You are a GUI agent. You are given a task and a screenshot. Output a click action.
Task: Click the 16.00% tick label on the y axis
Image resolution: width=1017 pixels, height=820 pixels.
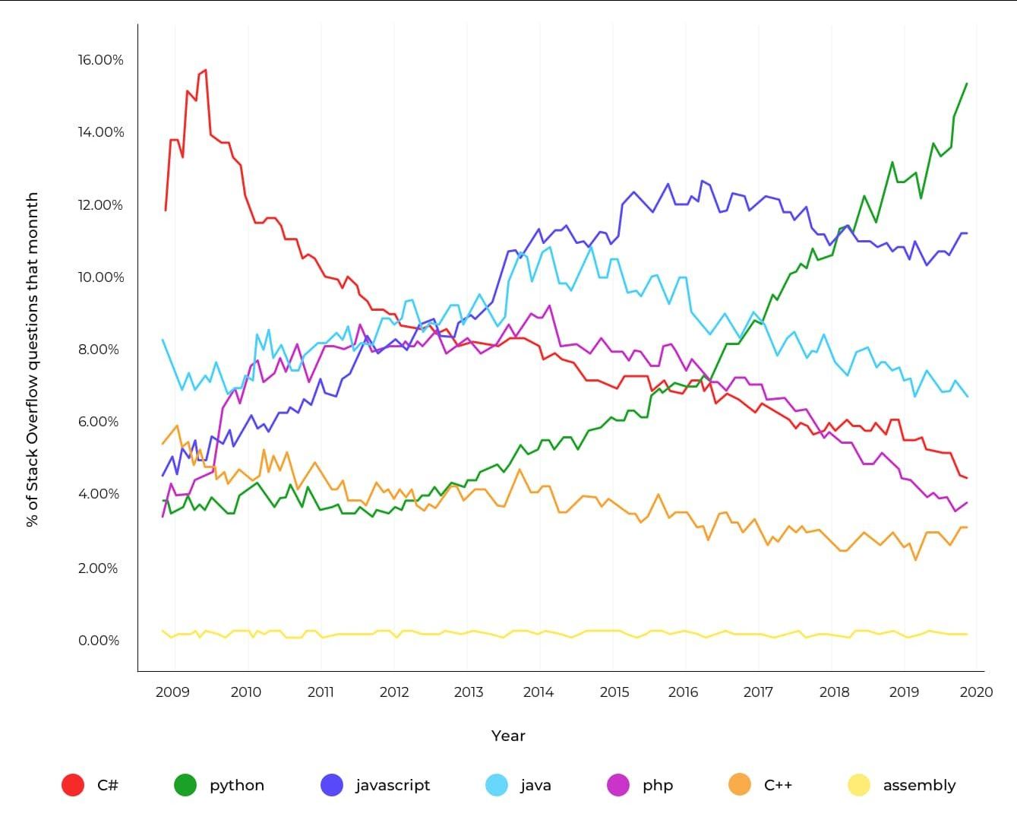pos(100,60)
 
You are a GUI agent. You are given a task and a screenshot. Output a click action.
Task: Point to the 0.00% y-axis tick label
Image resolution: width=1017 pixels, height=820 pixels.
pos(99,641)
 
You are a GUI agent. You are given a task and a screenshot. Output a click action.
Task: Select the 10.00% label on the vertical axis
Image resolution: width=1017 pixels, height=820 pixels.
pos(100,277)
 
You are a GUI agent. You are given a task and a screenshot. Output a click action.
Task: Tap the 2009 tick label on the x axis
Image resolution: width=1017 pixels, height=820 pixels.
pos(173,692)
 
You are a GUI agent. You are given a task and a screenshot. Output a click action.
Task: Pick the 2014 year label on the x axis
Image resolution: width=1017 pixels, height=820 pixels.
pos(539,692)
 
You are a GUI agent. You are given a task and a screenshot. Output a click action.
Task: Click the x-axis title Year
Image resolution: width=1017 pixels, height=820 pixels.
pos(508,736)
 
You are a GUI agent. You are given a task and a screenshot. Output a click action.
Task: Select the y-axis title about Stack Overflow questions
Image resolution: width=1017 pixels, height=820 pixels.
pos(32,359)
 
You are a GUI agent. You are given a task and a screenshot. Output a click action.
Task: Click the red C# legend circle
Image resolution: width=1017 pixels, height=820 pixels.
pos(73,785)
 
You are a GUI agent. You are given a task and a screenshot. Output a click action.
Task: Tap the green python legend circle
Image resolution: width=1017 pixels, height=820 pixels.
pos(185,785)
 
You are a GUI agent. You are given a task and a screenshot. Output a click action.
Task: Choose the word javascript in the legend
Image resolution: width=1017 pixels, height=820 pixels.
pos(393,785)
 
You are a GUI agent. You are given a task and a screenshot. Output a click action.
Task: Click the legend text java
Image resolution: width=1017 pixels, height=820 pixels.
pos(535,785)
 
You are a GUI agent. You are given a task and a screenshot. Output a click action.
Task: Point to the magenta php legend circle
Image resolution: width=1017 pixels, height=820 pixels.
pos(618,785)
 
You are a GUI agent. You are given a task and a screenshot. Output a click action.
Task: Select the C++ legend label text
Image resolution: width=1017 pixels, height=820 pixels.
pos(778,785)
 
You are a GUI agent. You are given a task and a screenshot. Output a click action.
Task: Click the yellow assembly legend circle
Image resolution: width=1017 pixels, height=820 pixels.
pos(859,785)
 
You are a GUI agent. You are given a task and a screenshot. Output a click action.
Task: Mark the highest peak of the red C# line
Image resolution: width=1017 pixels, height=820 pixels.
pos(206,70)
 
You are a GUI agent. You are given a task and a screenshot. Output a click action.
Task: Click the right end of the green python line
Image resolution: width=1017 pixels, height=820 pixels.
pos(967,84)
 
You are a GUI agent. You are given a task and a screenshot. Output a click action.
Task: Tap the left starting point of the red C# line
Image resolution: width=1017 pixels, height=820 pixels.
pos(166,210)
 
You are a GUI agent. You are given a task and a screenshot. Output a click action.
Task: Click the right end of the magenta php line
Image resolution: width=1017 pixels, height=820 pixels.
pos(967,502)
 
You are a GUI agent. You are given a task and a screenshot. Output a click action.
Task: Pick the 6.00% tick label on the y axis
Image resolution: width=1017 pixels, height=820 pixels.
pos(99,422)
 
